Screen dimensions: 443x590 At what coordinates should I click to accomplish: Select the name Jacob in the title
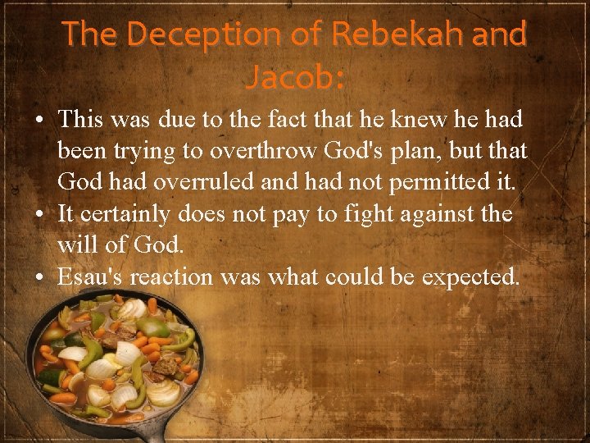[291, 78]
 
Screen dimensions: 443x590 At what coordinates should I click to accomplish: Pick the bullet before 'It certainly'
[39, 215]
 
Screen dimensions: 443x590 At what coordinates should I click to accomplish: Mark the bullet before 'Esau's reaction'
[39, 277]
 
